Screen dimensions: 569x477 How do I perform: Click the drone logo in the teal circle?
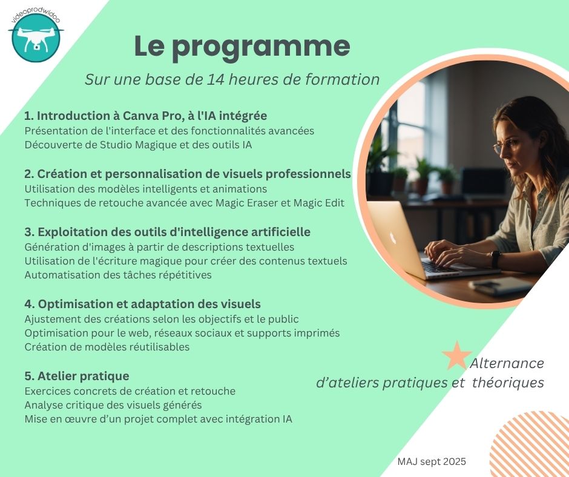36,38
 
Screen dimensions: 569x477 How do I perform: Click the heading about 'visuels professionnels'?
188,174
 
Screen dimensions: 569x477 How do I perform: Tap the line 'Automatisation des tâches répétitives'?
118,275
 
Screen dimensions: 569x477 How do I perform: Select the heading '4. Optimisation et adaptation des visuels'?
142,304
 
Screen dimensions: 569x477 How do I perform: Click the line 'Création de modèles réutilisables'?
107,347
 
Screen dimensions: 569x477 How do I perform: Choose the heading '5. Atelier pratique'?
76,376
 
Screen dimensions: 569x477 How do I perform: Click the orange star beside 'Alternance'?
456,356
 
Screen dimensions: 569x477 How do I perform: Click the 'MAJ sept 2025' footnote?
432,461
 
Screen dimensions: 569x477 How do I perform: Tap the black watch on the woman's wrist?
496,259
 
